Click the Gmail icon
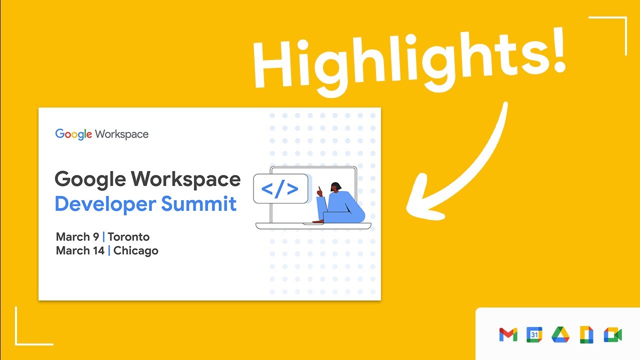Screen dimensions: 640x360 click(508, 334)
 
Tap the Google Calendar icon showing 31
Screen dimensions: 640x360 click(534, 334)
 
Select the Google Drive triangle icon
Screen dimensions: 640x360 click(560, 334)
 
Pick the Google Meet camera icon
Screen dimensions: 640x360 click(613, 334)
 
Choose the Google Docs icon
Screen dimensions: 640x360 click(586, 334)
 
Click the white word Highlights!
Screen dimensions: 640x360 click(409, 61)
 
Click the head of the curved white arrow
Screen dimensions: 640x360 click(422, 200)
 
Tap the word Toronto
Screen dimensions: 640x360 click(128, 237)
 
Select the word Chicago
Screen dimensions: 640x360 click(135, 251)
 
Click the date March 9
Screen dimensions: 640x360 click(77, 237)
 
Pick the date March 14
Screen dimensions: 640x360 click(80, 250)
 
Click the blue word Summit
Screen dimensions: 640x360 click(199, 203)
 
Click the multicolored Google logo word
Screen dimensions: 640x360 click(73, 134)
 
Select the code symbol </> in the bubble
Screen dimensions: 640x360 click(280, 189)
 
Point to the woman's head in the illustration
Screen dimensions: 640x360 click(335, 187)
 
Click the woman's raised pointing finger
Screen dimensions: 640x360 click(319, 189)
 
